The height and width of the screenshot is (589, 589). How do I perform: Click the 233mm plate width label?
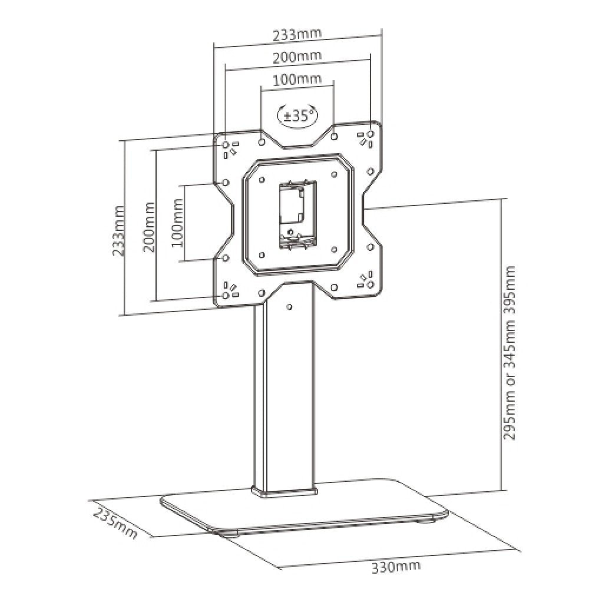click(x=297, y=34)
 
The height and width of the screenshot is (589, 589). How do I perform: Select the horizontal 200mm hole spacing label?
click(x=297, y=57)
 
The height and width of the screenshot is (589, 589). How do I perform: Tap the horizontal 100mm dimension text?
click(x=297, y=79)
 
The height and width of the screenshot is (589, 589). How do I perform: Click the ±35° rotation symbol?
click(x=297, y=115)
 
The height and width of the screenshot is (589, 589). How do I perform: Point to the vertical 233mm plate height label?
click(x=120, y=230)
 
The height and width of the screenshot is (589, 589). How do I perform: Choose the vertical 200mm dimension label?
click(x=148, y=227)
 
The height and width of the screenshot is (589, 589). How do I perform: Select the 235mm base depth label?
click(x=115, y=523)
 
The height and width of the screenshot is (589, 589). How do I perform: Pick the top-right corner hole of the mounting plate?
click(x=370, y=134)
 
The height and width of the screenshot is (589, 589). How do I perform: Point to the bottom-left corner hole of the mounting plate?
click(x=226, y=295)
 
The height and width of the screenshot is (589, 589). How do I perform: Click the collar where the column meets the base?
click(x=285, y=490)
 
